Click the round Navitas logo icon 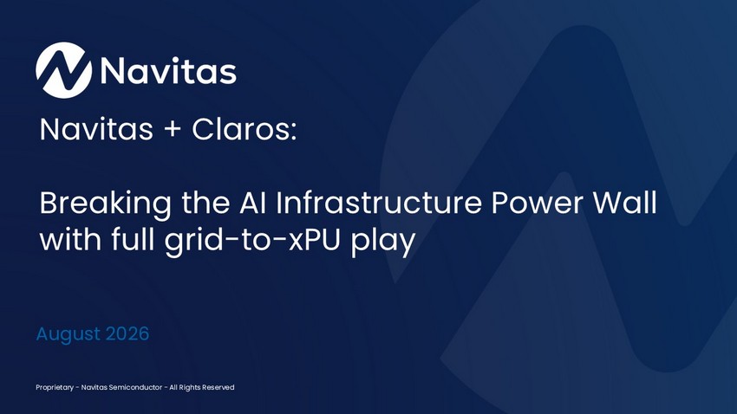tap(63, 70)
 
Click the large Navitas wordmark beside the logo tap(168, 71)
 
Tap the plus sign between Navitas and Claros tap(173, 130)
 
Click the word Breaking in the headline tap(105, 204)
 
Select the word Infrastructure tap(379, 203)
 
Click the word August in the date tap(68, 334)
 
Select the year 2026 tap(127, 333)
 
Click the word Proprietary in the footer tap(55, 388)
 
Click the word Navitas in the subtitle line tap(96, 129)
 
